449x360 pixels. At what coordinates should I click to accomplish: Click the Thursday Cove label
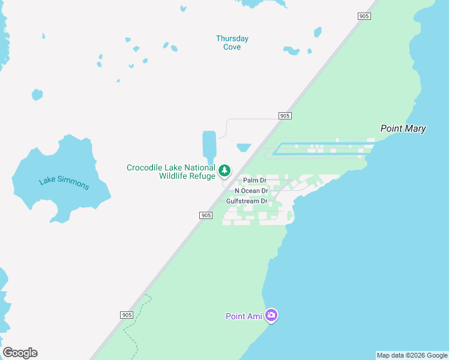(232, 43)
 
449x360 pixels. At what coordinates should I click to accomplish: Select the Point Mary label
(403, 128)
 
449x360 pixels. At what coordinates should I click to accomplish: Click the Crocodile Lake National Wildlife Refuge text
(170, 172)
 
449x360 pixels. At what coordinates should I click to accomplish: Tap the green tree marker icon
(224, 171)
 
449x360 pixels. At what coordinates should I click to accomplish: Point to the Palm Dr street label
(255, 181)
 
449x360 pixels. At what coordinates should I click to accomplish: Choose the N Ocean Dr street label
(251, 191)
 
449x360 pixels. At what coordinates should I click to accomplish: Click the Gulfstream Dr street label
(246, 201)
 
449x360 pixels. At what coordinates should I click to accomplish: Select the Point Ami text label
(244, 316)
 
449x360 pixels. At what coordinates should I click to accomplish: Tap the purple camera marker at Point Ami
(271, 314)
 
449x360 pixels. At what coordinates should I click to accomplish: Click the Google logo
(20, 353)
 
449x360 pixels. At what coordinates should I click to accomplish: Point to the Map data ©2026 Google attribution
(412, 355)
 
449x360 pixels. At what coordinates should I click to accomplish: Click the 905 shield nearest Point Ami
(126, 315)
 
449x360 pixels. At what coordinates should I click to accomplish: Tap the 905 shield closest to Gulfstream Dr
(205, 215)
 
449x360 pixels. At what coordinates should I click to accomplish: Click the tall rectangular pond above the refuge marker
(209, 144)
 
